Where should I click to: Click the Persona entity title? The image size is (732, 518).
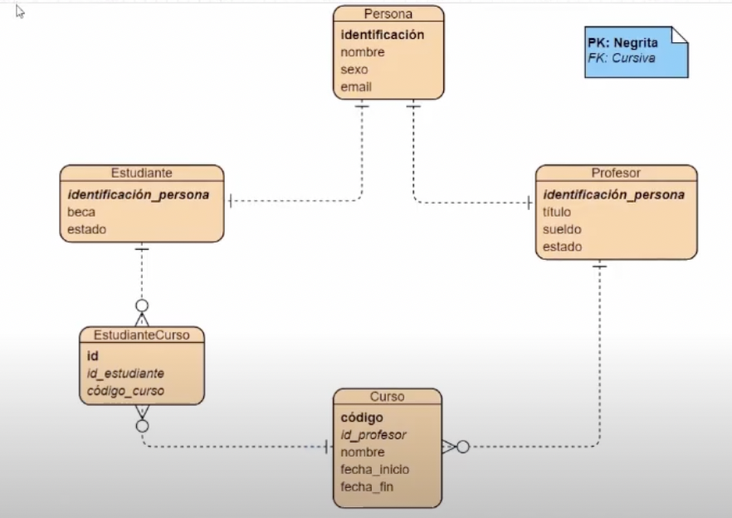pos(388,14)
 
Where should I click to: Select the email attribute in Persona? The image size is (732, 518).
pos(356,86)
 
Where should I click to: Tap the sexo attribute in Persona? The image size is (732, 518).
pos(354,70)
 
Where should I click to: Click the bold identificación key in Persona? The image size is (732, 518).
pos(383,35)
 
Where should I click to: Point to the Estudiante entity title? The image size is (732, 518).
pos(142,173)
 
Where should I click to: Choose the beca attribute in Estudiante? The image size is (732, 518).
pos(81,212)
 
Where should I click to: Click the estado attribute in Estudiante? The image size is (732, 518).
pos(86,229)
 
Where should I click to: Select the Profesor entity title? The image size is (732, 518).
pos(616,173)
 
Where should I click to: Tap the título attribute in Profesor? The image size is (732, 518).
pos(557,212)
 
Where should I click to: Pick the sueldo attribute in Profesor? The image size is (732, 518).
pos(562,229)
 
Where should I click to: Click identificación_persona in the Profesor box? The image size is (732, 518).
pos(613,194)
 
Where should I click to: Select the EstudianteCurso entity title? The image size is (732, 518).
pos(141,335)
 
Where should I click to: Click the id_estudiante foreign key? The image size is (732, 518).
pos(125,374)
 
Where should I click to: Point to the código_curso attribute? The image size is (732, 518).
pos(125,390)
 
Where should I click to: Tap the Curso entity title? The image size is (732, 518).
pos(388,397)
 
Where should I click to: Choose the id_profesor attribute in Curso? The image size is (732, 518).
pos(373,434)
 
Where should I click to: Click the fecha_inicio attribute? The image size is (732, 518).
pos(374,469)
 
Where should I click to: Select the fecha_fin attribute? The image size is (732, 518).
pos(367,486)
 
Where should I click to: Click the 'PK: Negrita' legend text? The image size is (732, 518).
pos(622,44)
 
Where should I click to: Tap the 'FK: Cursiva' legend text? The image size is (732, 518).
pos(620,58)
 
